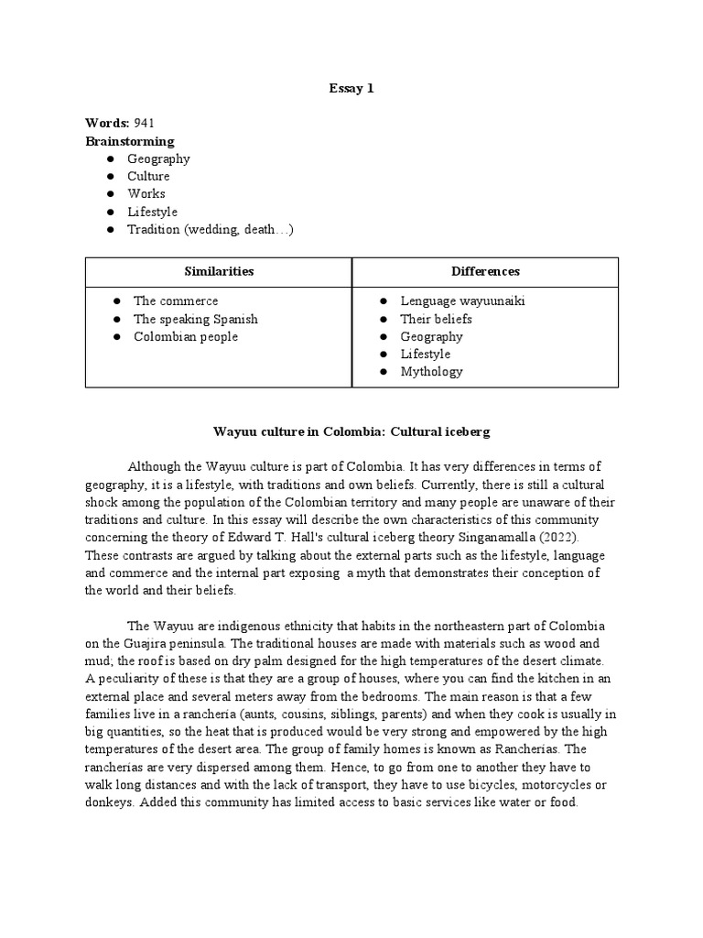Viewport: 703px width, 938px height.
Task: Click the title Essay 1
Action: pos(351,89)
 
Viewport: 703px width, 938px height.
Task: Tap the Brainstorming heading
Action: pos(130,141)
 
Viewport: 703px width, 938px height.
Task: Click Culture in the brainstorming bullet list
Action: pos(148,176)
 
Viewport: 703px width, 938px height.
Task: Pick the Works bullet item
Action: pos(146,193)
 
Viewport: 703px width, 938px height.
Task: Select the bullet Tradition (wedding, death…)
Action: pos(211,229)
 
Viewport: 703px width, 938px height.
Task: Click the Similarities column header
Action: pos(219,271)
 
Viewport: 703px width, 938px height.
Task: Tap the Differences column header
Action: pos(485,271)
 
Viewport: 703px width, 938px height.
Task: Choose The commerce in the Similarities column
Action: pos(176,300)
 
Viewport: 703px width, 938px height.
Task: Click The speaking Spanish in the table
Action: pos(196,319)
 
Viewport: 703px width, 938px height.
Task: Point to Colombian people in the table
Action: pos(186,336)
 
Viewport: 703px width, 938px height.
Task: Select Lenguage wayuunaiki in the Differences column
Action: pos(462,300)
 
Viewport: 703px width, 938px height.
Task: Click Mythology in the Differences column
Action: pos(431,371)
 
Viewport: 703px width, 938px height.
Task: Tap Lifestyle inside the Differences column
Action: pos(426,354)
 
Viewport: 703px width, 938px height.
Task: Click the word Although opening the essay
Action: pos(157,466)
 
